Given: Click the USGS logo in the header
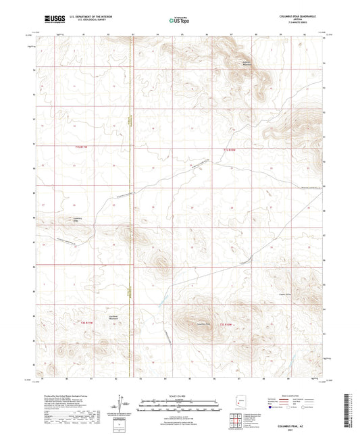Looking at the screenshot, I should pyautogui.click(x=51, y=20).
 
